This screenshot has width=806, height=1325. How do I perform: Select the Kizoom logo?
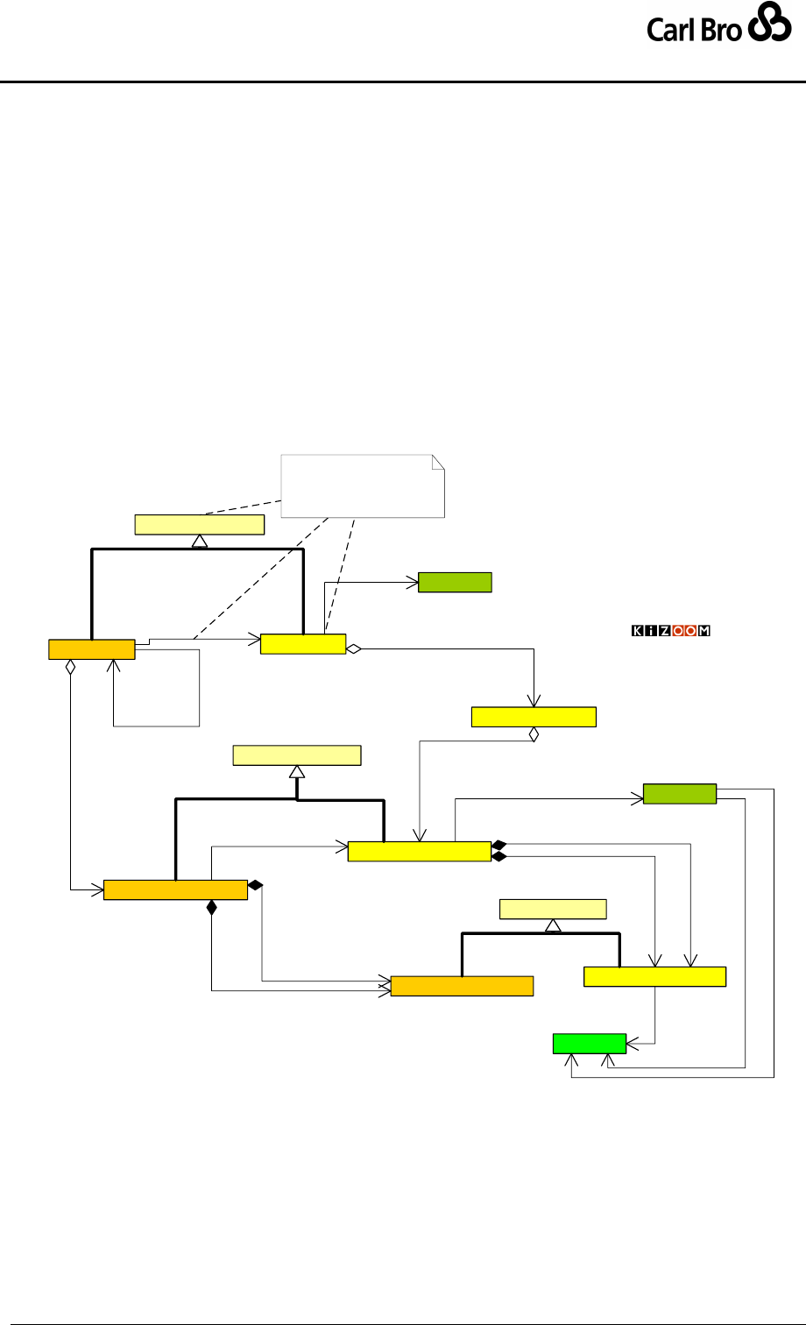671,631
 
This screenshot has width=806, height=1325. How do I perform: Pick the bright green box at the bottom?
590,1044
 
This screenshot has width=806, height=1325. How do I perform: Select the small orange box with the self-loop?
92,649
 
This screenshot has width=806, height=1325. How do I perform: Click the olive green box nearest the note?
455,582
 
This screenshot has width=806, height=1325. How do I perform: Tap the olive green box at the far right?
680,794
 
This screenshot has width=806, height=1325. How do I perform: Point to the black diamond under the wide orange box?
211,908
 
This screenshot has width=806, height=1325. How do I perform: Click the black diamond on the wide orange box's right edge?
255,886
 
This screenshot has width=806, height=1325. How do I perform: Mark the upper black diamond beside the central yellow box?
499,846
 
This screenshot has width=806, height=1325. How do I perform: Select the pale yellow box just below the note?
199,525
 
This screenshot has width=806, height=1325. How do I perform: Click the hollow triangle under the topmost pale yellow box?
199,541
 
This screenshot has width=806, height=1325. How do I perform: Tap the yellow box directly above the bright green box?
654,976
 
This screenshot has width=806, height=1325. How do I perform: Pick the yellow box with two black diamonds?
419,851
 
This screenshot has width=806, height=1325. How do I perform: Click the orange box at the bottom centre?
462,985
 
